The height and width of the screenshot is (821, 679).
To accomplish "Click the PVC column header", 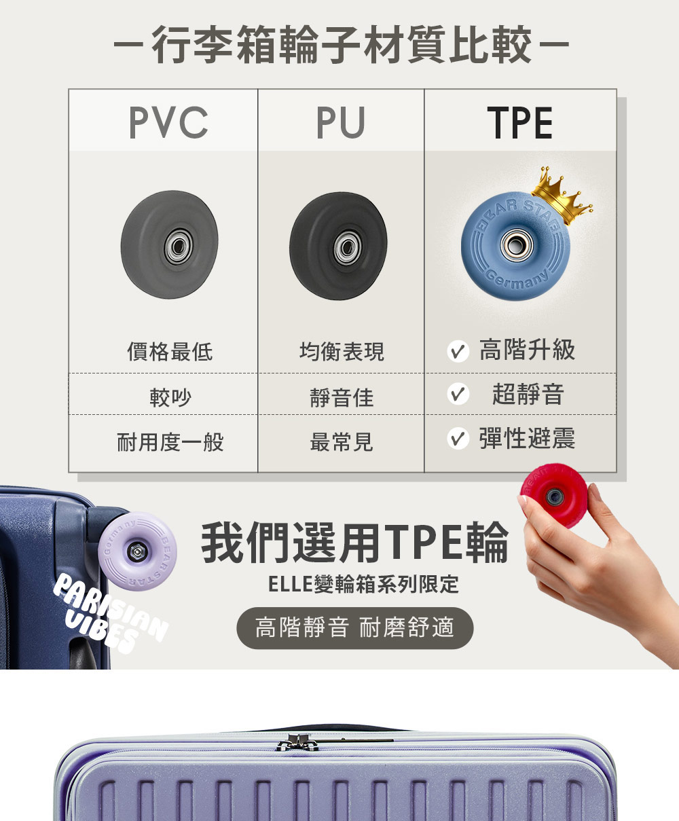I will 168,122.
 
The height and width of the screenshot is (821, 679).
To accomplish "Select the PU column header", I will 341,122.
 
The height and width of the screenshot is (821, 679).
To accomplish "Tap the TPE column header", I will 520,122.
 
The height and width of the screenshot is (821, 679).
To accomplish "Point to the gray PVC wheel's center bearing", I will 170,244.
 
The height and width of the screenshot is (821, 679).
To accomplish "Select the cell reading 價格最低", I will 170,351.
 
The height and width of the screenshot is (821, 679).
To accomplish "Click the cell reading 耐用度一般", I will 170,443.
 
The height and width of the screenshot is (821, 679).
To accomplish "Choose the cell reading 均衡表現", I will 342,351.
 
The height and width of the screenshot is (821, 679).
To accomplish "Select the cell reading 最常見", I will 342,443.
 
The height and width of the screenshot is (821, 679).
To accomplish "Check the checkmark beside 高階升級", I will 458,351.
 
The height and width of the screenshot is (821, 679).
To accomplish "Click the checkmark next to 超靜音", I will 458,395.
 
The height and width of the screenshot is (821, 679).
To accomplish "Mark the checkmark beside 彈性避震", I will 458,439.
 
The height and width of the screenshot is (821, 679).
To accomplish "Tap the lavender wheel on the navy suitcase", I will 139,550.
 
